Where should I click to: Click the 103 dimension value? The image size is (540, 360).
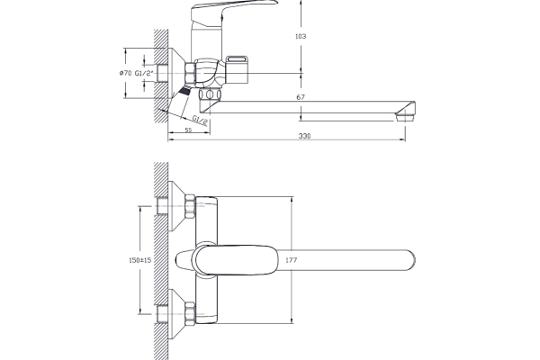coord(301,36)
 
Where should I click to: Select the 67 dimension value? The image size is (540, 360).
coord(301,97)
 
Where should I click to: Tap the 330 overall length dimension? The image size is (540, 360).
coord(304,136)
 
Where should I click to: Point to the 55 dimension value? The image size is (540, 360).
coord(188,130)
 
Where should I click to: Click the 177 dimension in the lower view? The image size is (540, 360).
coord(291,260)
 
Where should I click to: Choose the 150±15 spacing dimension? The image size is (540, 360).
coord(139,260)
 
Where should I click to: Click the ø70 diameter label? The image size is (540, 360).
coord(126,73)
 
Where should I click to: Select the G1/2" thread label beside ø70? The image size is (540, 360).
coord(144,73)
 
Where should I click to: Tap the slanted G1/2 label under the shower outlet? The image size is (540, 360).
coord(200,121)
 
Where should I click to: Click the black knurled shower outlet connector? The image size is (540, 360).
coord(184,91)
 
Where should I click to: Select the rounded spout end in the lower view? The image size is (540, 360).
coord(408,260)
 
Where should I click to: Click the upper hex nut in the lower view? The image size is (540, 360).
coord(190,206)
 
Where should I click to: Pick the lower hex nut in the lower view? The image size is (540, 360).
coord(190,313)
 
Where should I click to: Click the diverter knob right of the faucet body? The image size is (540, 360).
coord(238,70)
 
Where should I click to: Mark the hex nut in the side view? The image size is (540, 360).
coord(190,73)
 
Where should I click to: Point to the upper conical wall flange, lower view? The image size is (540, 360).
coord(176,206)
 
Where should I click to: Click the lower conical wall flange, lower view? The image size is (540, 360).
coord(176,313)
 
